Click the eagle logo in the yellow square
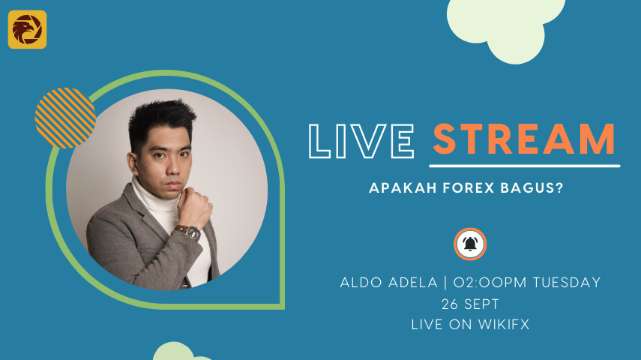click(x=27, y=29)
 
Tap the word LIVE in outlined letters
click(x=361, y=141)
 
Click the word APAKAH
click(x=403, y=187)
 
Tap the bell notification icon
click(x=470, y=244)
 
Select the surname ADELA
click(x=413, y=282)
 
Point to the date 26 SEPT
click(x=470, y=304)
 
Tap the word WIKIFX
click(x=504, y=325)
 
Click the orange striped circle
click(x=65, y=118)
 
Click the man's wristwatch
click(x=190, y=232)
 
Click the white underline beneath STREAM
click(x=525, y=166)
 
